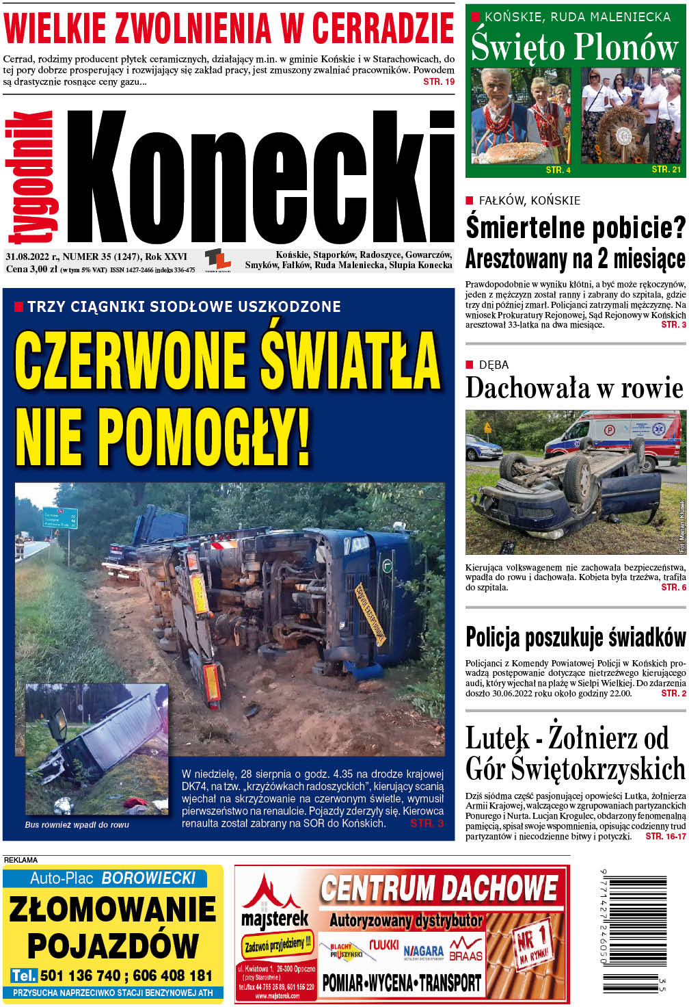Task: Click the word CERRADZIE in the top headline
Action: point(382,28)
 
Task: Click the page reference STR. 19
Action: point(439,81)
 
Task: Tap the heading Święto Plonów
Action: point(575,47)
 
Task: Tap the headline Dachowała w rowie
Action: point(574,388)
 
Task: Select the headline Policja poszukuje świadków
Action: point(575,637)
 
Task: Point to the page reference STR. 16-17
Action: point(665,836)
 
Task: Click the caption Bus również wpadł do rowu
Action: point(77,825)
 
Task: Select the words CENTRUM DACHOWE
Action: point(439,888)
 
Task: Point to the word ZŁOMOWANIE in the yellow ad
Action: point(112,910)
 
